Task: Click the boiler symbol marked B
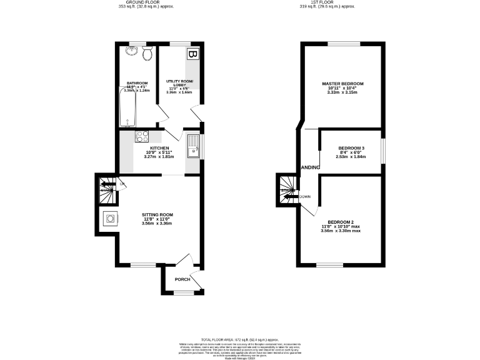pyautogui.click(x=192, y=55)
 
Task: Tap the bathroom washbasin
pyautogui.click(x=134, y=51)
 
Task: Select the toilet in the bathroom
pyautogui.click(x=147, y=54)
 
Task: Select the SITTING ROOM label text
pyautogui.click(x=157, y=214)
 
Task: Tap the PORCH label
pyautogui.click(x=182, y=279)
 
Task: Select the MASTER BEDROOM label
pyautogui.click(x=342, y=84)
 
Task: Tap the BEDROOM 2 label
pyautogui.click(x=341, y=222)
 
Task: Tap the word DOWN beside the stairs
pyautogui.click(x=305, y=196)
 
